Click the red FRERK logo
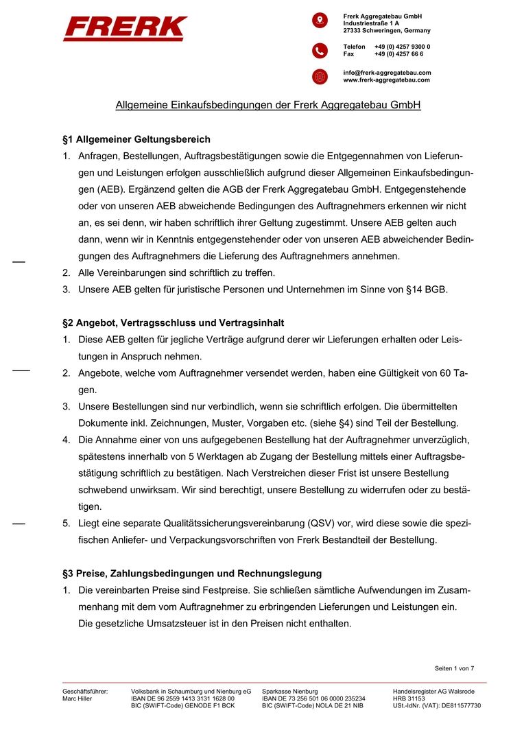point(125,29)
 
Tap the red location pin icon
point(320,20)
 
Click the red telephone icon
point(320,50)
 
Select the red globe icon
point(320,76)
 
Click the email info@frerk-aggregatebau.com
point(387,72)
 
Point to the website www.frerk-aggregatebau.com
point(386,80)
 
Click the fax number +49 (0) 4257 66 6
point(398,54)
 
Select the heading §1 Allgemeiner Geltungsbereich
point(136,139)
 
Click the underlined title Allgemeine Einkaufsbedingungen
point(267,106)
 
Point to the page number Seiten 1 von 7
point(454,668)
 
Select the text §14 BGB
point(427,290)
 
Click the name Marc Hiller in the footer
point(77,698)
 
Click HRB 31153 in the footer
point(409,698)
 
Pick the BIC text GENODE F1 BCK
point(209,705)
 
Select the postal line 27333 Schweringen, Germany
point(387,30)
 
